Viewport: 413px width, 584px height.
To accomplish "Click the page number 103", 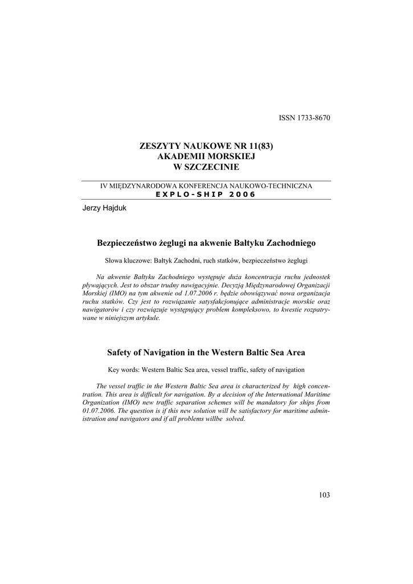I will [324, 494].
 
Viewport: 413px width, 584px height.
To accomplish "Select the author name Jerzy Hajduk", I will [105, 208].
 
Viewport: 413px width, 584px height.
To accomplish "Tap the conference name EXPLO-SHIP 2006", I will [206, 194].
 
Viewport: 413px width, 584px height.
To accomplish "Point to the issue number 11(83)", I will [261, 146].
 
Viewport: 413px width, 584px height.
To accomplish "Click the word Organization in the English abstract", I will [103, 403].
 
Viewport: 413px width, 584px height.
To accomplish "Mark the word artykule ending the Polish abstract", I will [145, 317].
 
